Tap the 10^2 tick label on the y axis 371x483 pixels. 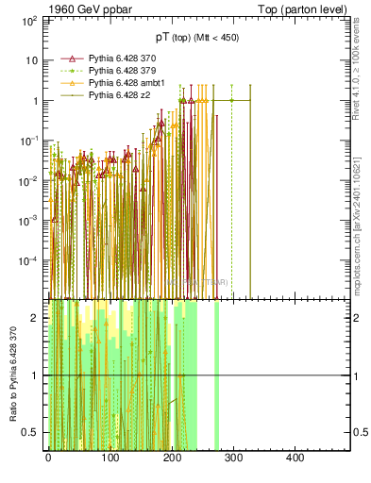pos(30,20)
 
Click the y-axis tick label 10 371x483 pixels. pos(32,60)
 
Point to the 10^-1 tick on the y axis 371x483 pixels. pos(30,141)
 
